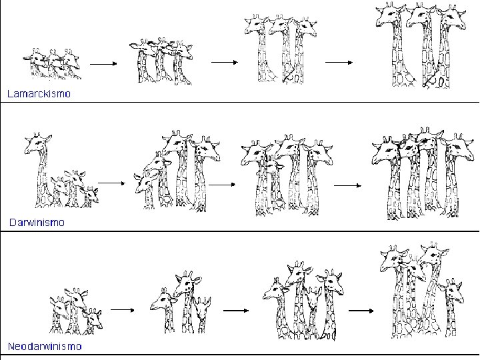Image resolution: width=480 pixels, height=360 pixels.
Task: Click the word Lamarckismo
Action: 39,93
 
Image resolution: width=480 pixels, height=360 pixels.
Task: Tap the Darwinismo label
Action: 37,222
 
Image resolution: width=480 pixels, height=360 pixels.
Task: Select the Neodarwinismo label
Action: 45,346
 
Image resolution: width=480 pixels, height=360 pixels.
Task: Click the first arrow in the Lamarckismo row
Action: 103,64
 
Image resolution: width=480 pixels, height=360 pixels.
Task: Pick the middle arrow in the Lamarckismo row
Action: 225,62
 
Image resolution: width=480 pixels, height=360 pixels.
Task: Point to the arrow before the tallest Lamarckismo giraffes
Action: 339,62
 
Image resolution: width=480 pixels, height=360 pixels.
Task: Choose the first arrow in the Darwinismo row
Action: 112,183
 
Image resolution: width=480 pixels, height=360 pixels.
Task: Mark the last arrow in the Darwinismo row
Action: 348,185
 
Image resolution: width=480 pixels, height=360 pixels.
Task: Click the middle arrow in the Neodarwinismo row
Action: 236,311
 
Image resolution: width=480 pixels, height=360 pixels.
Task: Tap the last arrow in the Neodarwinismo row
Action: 361,311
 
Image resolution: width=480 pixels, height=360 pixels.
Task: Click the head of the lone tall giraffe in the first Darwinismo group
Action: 37,143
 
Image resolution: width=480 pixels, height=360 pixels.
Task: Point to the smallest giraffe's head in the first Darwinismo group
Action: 91,194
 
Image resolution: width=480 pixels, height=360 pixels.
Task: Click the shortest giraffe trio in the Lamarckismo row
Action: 52,64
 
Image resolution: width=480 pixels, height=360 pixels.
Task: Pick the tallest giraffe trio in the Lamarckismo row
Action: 421,45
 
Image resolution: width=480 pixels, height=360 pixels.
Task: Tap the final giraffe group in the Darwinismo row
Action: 423,173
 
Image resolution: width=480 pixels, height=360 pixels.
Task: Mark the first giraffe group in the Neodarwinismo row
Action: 76,311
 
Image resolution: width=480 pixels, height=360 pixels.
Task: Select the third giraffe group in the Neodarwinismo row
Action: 303,301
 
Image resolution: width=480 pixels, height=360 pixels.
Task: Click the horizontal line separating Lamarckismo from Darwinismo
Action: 240,102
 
